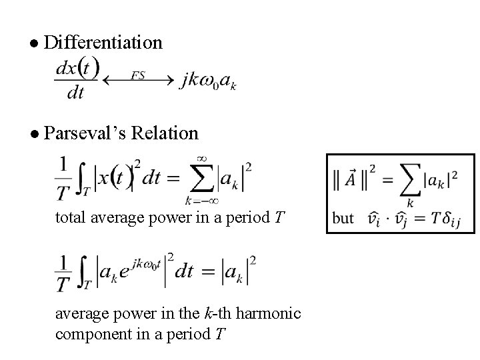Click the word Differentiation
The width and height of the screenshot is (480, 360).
pos(102,43)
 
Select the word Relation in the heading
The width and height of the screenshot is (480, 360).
pos(165,133)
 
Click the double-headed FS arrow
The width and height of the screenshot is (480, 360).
pos(137,81)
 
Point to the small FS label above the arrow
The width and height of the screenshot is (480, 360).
pos(138,75)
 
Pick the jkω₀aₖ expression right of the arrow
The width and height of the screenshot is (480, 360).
pos(208,81)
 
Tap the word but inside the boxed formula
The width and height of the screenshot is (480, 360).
pos(343,218)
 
